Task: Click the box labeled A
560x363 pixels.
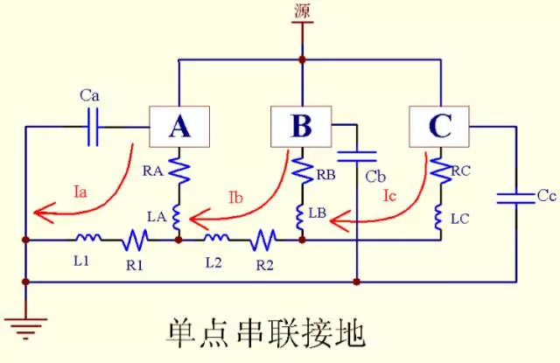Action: pyautogui.click(x=178, y=128)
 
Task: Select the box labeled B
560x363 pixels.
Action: pyautogui.click(x=301, y=128)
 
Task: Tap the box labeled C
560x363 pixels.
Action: pyautogui.click(x=439, y=128)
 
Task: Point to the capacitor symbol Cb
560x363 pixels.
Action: pyautogui.click(x=357, y=157)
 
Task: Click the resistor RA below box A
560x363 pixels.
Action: pyautogui.click(x=178, y=169)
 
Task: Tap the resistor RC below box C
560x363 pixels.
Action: pyautogui.click(x=439, y=171)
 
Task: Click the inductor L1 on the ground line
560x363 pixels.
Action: pyautogui.click(x=87, y=237)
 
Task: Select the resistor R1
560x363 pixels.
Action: pyautogui.click(x=136, y=238)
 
